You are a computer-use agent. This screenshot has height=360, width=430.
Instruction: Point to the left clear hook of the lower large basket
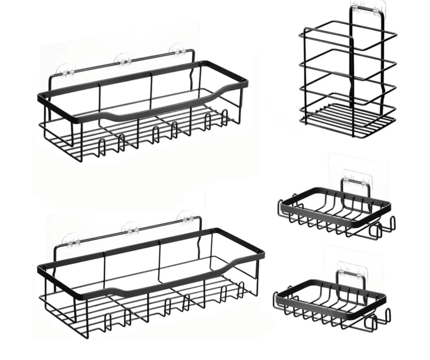73,241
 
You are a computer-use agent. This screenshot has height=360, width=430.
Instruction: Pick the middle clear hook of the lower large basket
133,230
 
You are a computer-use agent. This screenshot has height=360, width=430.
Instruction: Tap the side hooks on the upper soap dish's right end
383,228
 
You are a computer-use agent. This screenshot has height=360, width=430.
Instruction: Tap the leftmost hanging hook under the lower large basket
108,322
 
